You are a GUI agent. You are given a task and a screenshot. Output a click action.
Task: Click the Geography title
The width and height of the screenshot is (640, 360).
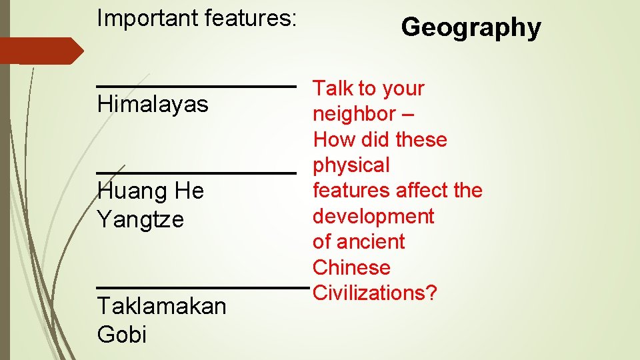(471, 28)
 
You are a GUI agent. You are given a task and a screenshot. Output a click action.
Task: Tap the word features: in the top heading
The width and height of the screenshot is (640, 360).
(250, 18)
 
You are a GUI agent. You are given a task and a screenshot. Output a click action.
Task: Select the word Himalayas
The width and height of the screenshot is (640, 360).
(153, 105)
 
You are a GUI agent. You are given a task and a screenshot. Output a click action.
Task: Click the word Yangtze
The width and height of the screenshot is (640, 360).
(140, 219)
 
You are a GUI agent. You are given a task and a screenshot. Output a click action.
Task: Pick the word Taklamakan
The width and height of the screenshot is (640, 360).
(161, 306)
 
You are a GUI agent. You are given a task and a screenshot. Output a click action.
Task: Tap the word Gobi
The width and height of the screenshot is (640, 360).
(121, 333)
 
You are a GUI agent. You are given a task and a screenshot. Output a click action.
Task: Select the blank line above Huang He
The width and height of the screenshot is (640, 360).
(196, 173)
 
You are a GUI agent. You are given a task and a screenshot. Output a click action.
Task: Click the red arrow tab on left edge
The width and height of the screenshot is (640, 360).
(40, 51)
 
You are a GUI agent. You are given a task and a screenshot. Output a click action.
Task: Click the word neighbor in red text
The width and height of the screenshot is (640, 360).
(354, 114)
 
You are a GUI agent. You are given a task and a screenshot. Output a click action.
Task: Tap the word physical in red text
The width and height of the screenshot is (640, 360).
(351, 165)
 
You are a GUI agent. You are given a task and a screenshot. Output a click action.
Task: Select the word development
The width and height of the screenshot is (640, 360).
(373, 216)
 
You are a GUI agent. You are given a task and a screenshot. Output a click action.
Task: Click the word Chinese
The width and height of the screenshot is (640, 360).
(351, 267)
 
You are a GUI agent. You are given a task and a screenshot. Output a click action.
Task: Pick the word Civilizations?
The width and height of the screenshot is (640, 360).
(375, 293)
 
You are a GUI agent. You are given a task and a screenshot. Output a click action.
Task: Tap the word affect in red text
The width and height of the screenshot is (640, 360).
(422, 191)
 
